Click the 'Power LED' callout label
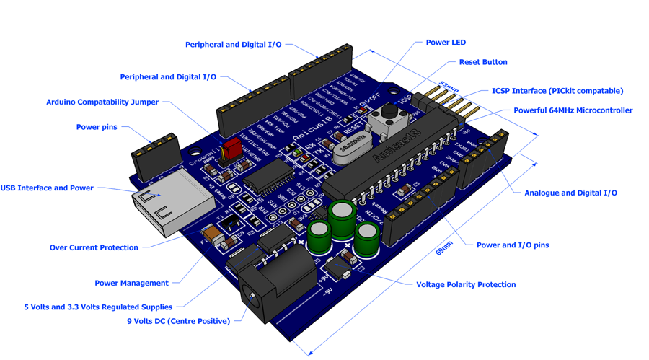[x=446, y=43]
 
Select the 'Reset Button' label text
[x=483, y=62]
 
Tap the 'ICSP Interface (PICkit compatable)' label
[x=557, y=91]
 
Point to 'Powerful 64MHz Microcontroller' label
[x=573, y=110]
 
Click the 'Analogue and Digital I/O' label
[x=570, y=193]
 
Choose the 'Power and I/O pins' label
[x=512, y=245]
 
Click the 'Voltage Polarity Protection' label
[x=466, y=284]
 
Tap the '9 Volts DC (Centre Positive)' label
[x=178, y=321]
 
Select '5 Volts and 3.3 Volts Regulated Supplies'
[x=98, y=307]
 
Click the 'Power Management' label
[x=131, y=283]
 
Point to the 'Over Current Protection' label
[x=94, y=247]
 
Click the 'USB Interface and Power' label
[x=47, y=188]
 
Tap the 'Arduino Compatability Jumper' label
[x=102, y=102]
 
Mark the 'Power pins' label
[x=97, y=127]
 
